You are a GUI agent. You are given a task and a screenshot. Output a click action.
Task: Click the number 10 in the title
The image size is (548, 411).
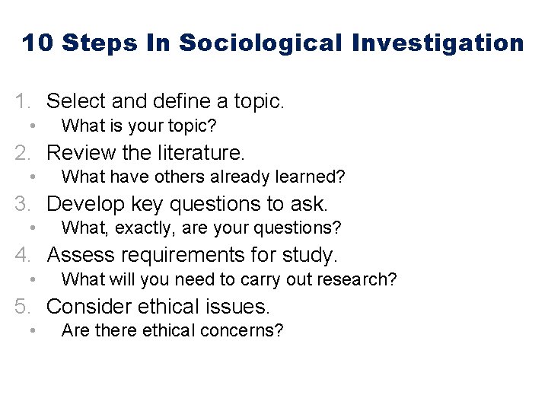pyautogui.click(x=37, y=43)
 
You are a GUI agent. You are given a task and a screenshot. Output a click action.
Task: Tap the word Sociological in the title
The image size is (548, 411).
pyautogui.click(x=260, y=43)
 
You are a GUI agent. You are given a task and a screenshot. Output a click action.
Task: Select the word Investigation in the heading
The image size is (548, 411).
pyautogui.click(x=438, y=43)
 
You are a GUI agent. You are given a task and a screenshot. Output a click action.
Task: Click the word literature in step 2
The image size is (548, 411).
pyautogui.click(x=202, y=152)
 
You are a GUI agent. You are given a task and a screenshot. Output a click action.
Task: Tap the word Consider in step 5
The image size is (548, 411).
pyautogui.click(x=89, y=307)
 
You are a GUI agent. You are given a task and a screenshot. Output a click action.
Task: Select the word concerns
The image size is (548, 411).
pyautogui.click(x=247, y=331)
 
